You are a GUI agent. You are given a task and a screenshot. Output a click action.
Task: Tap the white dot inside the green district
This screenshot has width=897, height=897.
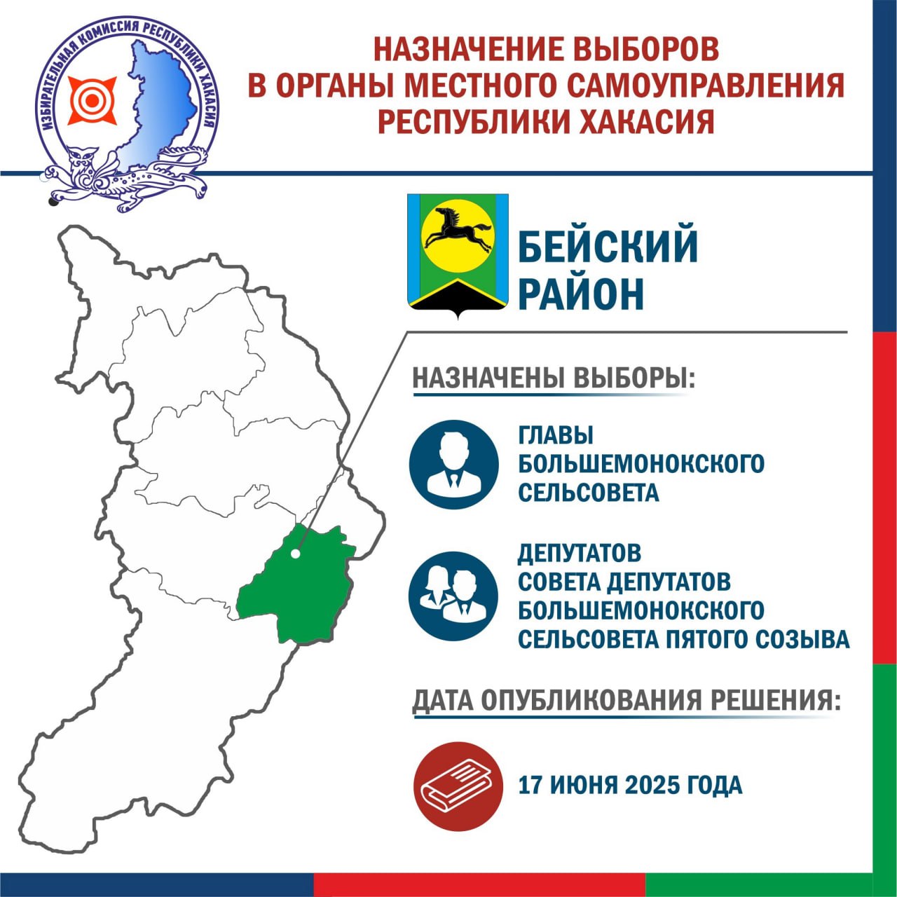[295, 554]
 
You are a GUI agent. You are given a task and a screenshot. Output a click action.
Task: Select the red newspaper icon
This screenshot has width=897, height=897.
[458, 786]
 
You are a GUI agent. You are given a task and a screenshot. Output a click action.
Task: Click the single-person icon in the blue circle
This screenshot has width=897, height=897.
[454, 465]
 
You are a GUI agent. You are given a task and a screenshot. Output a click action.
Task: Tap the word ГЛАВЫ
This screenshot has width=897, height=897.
[555, 436]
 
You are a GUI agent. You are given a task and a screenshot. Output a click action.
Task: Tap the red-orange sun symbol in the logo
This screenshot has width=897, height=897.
[93, 100]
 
